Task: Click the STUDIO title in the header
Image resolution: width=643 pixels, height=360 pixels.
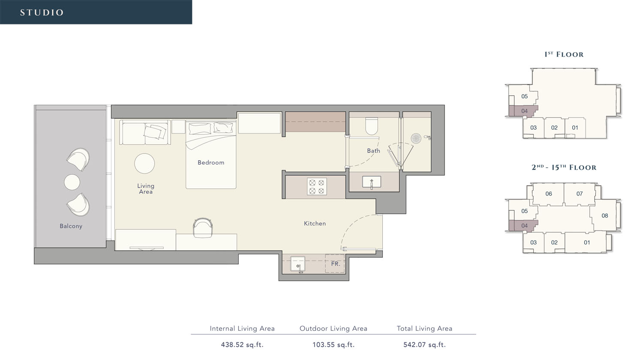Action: [x=42, y=12]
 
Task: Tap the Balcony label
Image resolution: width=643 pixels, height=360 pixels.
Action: [x=71, y=226]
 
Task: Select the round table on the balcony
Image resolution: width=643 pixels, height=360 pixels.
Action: [x=72, y=182]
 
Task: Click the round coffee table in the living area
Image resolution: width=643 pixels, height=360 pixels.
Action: [x=144, y=163]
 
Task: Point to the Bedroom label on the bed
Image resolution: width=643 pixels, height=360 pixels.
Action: [x=210, y=162]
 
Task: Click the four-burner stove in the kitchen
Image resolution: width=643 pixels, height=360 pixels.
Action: [x=317, y=186]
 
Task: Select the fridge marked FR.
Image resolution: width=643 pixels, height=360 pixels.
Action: [x=335, y=264]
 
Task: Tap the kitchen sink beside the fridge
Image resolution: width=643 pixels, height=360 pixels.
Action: [x=297, y=264]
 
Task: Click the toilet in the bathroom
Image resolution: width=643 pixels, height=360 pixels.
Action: [x=371, y=126]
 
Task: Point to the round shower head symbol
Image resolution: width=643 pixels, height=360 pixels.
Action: [x=416, y=138]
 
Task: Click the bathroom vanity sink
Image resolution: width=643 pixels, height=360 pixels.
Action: [x=371, y=182]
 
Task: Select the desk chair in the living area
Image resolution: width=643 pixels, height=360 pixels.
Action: [x=203, y=227]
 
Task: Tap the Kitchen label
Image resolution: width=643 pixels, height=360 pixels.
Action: [x=315, y=223]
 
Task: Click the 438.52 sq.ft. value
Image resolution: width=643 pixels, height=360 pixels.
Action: [x=242, y=345]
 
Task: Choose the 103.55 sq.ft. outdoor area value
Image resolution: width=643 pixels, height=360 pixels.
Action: [x=334, y=345]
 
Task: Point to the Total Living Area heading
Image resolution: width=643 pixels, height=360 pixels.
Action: [x=424, y=328]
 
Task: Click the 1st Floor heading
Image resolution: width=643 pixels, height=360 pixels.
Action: [x=564, y=54]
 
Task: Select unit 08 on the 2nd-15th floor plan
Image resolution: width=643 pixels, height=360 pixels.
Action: [x=604, y=216]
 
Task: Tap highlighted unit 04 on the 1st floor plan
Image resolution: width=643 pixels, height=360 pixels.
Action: [x=524, y=111]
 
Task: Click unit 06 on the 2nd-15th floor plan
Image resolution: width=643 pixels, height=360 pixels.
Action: [x=548, y=194]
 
